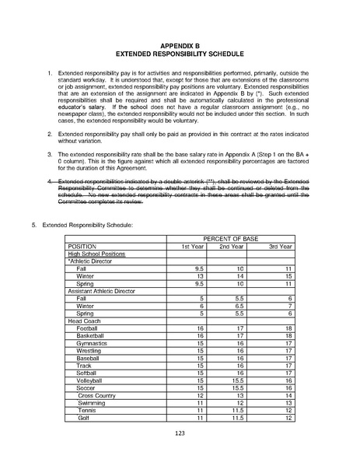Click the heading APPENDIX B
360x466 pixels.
[x=180, y=46]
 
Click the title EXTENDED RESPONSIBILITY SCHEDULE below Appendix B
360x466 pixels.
[x=180, y=55]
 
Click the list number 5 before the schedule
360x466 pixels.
[x=33, y=224]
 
